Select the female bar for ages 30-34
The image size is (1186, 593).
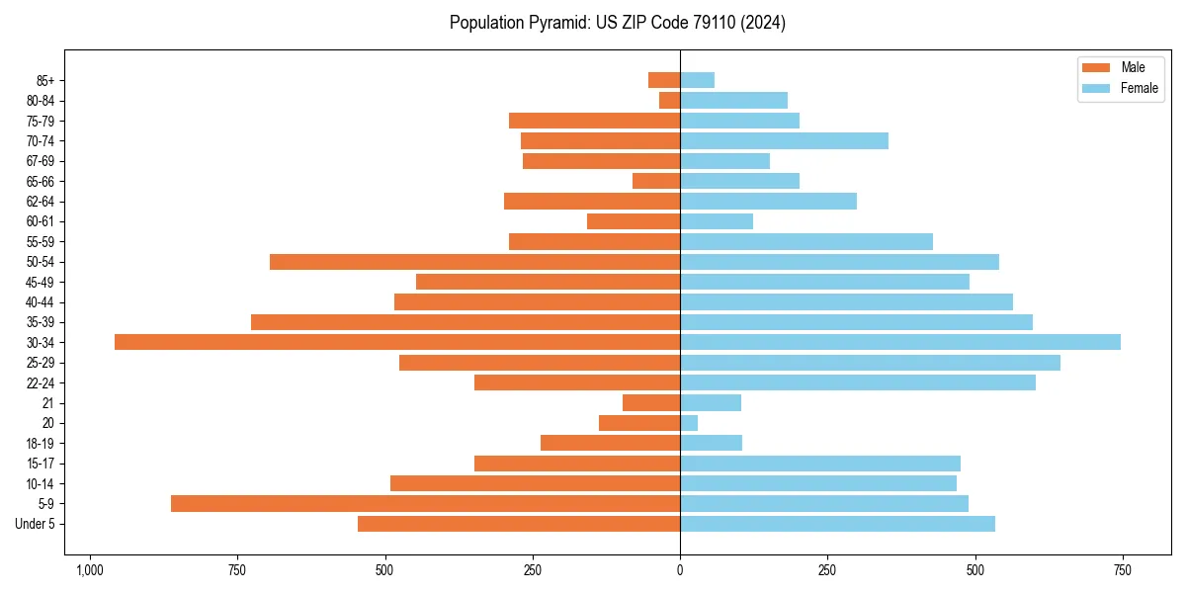[900, 342]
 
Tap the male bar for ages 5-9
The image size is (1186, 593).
[425, 503]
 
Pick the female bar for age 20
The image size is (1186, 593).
[689, 423]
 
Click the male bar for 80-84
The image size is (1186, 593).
[670, 100]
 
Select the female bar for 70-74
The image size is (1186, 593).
[784, 140]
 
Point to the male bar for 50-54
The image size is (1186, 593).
[474, 262]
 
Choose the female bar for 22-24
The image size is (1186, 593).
[858, 382]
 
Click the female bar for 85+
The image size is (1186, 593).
[697, 80]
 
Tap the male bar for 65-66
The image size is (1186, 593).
[656, 181]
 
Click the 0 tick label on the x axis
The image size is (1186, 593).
[680, 570]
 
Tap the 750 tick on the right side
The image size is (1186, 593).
[1122, 570]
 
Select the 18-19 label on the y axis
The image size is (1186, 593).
[46, 443]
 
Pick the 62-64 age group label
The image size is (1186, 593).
[46, 201]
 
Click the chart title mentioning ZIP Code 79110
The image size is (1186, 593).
[618, 23]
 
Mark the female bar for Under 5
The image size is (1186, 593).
[837, 524]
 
